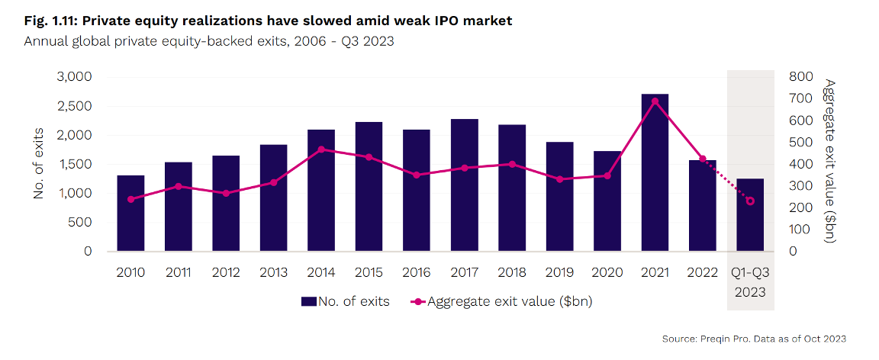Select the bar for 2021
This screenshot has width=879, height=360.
click(655, 172)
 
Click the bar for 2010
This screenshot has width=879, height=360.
click(130, 213)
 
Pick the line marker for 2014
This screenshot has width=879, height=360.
click(321, 149)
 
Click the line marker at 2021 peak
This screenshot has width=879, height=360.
click(655, 101)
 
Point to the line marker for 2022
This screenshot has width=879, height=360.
click(703, 159)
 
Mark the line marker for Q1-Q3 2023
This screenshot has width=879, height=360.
click(750, 201)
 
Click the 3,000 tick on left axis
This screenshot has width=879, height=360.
click(72, 77)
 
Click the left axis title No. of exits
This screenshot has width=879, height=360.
click(39, 164)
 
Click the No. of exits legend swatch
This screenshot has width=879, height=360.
click(309, 302)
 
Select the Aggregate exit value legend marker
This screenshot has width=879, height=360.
click(417, 302)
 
